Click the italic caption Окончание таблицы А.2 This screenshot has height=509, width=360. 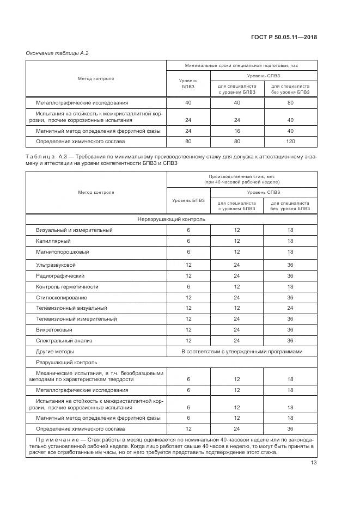57,53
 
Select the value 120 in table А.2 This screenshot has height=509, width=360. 290,141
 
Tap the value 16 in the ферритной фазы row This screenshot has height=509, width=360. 236,131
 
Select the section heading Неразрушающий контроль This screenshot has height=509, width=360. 172,219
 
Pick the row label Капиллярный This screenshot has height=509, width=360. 53,241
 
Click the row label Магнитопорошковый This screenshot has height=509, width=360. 62,252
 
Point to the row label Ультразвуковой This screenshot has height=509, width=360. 56,265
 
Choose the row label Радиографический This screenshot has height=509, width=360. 60,275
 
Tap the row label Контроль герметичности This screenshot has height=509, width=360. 68,286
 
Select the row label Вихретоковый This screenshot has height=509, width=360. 55,330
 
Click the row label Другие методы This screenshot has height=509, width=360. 55,352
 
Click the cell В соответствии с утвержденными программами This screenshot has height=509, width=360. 241,352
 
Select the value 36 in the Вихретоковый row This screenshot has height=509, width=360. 290,330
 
